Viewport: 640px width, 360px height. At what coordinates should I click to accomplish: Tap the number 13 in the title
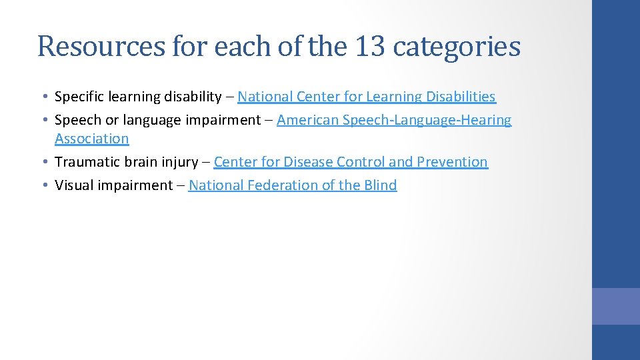pos(367,47)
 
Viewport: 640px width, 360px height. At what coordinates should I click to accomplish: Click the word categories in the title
pos(457,47)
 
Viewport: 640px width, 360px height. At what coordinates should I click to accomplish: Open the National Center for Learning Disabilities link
pos(366,97)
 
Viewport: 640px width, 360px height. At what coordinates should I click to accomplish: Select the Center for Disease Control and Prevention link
pos(351,162)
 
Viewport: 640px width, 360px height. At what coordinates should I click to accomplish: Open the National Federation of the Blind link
pos(293,185)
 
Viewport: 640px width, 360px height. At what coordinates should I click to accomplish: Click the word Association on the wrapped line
pos(91,139)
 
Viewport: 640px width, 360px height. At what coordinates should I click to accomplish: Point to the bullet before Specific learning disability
pos(43,97)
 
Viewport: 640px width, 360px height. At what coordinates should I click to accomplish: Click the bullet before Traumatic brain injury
pos(43,162)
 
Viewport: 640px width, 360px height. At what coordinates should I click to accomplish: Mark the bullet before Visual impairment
pos(43,185)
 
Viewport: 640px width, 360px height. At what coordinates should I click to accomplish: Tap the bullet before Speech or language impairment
pos(43,121)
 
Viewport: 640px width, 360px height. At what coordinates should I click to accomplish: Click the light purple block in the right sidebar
pos(615,306)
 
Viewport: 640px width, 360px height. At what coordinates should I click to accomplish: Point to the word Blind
pos(380,185)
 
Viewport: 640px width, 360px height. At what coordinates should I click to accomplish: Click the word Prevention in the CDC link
pos(452,162)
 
